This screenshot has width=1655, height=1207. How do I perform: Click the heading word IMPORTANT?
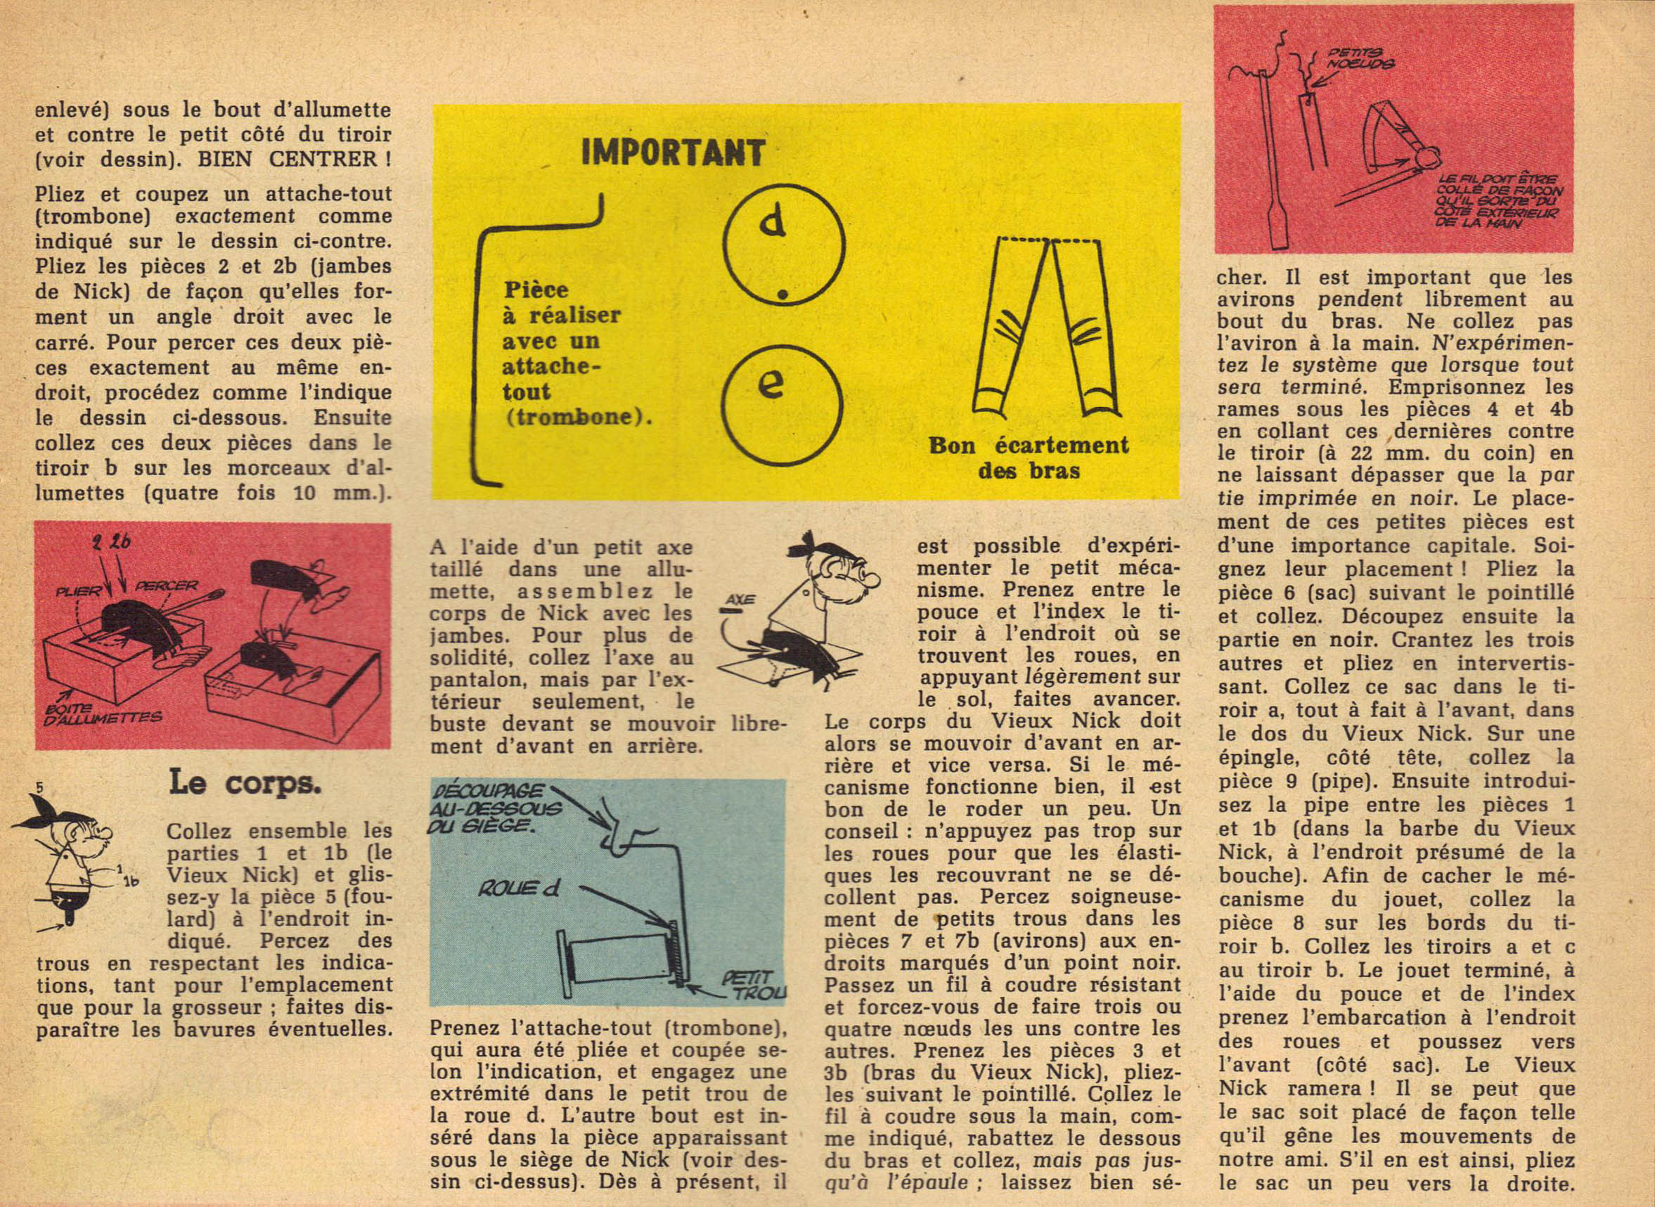672,153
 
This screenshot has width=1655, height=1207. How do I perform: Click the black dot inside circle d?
782,295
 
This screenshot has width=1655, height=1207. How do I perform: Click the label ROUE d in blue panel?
519,889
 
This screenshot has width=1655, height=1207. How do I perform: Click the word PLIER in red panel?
81,590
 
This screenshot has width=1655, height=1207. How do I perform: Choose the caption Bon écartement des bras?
1029,458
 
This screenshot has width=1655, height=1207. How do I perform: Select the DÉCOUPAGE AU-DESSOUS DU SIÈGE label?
494,809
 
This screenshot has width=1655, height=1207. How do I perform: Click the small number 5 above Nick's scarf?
40,787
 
